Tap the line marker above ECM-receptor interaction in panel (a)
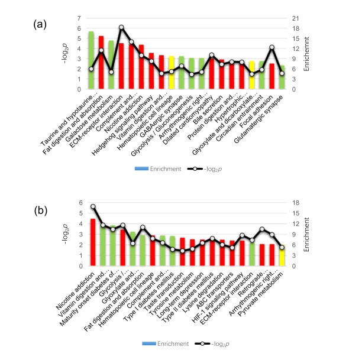tap(121, 27)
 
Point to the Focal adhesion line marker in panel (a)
tap(271, 47)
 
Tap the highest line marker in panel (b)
tap(93, 206)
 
